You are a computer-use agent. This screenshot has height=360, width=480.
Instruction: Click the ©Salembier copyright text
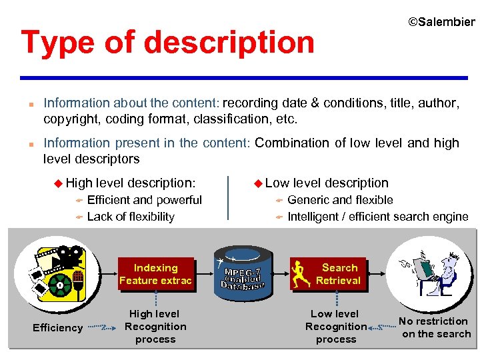click(441, 22)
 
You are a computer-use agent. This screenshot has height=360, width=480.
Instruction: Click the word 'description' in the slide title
click(228, 43)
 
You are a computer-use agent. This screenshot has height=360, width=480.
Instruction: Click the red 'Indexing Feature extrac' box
click(155, 274)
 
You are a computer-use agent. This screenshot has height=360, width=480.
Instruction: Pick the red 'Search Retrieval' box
click(339, 274)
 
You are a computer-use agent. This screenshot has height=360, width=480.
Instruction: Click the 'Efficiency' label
click(58, 327)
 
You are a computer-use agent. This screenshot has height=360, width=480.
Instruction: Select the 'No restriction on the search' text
click(435, 327)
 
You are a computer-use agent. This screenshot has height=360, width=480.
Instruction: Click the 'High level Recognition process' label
click(155, 327)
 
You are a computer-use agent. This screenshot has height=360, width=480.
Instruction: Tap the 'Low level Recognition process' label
click(335, 327)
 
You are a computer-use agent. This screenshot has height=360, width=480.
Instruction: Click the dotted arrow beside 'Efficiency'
click(101, 327)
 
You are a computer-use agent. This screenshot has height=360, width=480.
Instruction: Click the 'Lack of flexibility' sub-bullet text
click(131, 217)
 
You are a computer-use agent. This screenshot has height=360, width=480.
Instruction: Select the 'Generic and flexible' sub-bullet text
click(340, 200)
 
